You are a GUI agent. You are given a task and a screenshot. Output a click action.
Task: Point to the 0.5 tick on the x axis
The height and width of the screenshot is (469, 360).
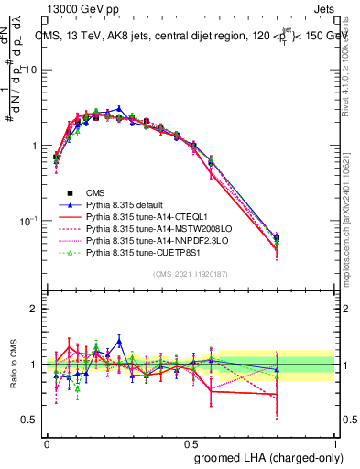pos(191,442)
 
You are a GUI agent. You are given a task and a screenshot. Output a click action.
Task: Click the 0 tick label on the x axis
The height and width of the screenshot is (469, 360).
pos(47,442)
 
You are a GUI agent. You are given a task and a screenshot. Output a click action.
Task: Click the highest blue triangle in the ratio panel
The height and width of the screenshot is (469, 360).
pos(119,341)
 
